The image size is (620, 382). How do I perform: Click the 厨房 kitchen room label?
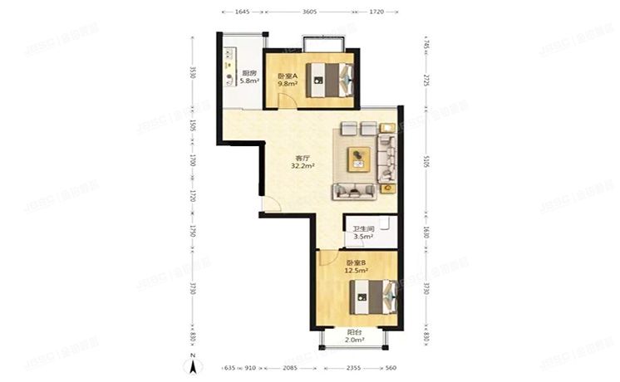click(248, 73)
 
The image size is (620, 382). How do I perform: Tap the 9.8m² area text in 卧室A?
click(288, 84)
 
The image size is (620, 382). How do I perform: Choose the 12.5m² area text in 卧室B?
click(357, 270)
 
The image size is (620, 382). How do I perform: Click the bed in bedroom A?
click(332, 79)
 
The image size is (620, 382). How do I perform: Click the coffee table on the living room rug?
click(360, 157)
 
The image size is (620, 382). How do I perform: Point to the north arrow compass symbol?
click(193, 363)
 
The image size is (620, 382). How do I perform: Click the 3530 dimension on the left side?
click(193, 72)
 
